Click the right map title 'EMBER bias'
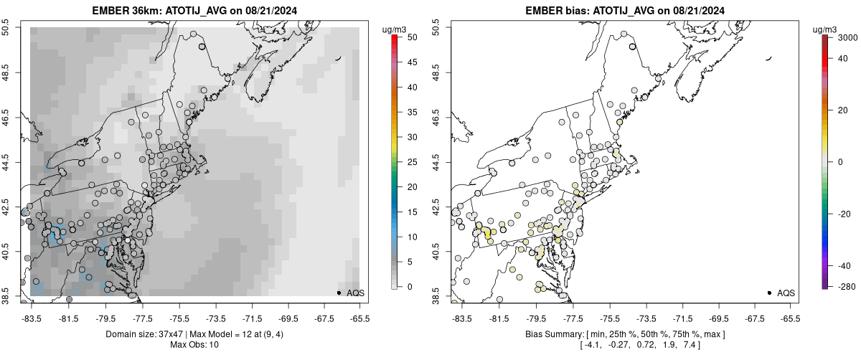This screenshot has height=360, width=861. pyautogui.click(x=549, y=11)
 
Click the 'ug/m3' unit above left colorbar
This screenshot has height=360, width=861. pyautogui.click(x=395, y=29)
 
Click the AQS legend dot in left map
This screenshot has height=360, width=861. pyautogui.click(x=339, y=293)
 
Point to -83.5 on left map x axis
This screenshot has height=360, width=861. pyautogui.click(x=32, y=316)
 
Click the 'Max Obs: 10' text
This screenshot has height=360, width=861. pyautogui.click(x=194, y=345)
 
